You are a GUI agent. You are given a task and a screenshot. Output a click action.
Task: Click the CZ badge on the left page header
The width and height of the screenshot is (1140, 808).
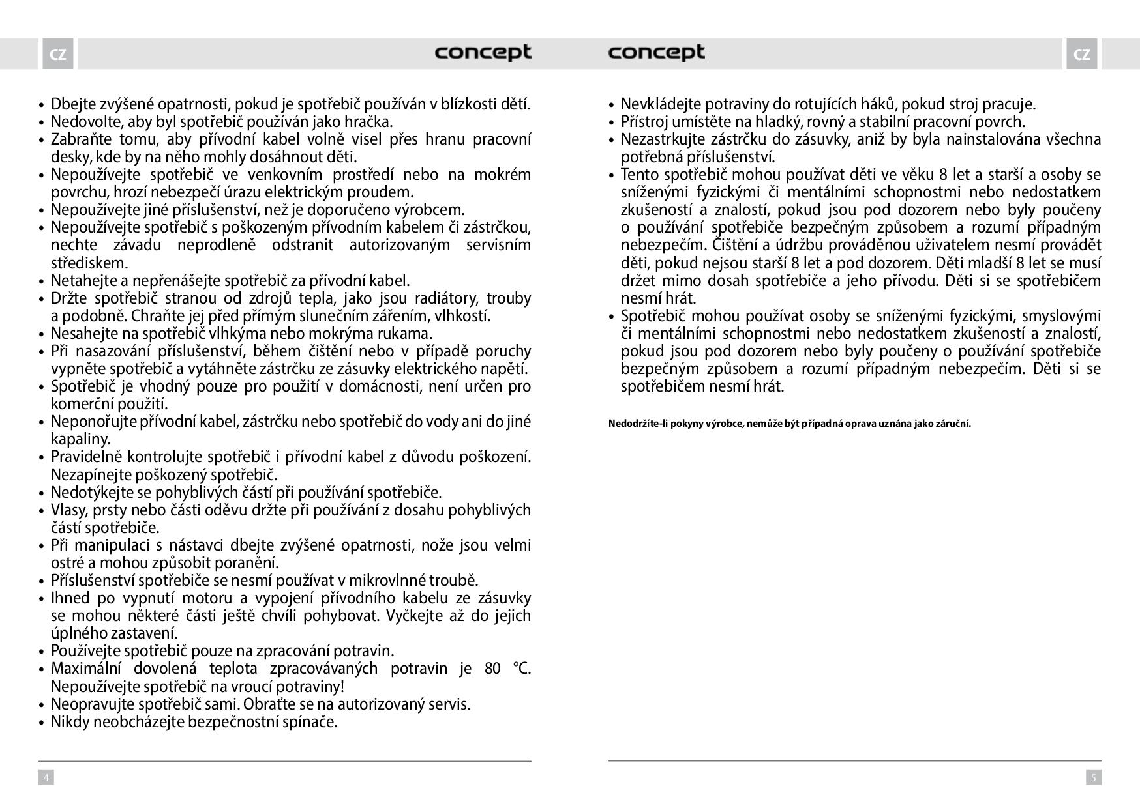[58, 54]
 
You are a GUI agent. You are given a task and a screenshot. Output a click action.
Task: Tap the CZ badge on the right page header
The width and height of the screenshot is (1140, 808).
[1081, 54]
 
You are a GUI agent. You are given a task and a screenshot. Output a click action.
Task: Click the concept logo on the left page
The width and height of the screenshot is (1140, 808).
[483, 53]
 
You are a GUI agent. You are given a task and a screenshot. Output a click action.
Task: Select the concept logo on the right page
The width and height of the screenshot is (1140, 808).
[656, 53]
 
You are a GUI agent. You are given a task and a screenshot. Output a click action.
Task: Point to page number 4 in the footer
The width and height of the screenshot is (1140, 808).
[46, 777]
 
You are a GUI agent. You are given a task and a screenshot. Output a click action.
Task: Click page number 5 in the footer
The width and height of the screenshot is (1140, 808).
[1094, 777]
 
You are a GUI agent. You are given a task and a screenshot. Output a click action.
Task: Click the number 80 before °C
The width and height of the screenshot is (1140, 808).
[493, 669]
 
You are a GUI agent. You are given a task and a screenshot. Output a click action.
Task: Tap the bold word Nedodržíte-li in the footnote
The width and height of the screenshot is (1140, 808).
[635, 424]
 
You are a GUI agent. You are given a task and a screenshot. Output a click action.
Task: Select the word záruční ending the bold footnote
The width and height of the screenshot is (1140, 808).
[952, 424]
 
